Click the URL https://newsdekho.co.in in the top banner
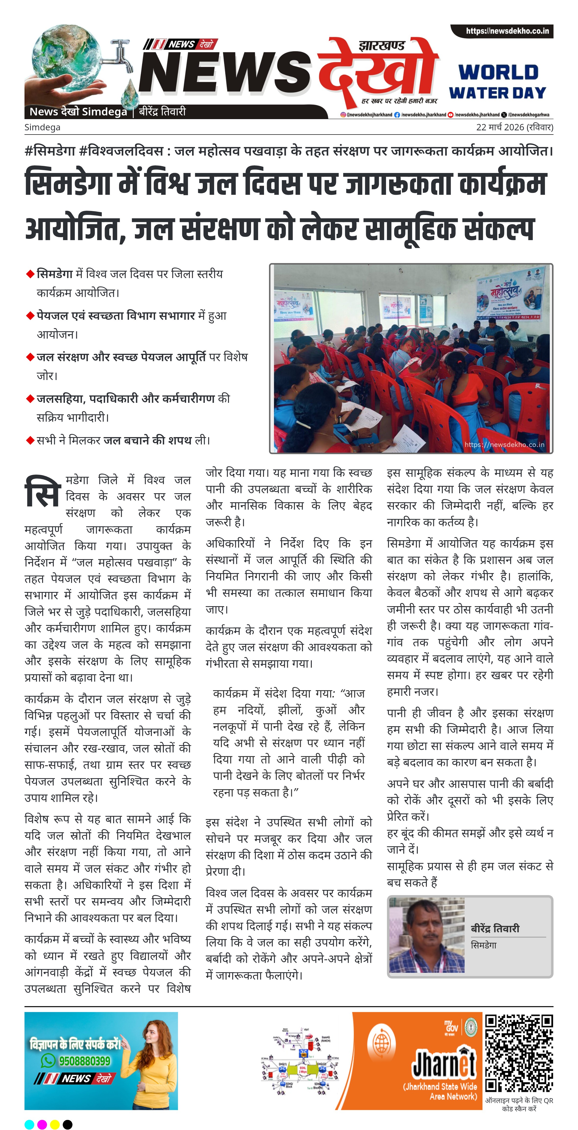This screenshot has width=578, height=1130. [x=507, y=31]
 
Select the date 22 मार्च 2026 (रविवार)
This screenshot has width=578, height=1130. [x=514, y=127]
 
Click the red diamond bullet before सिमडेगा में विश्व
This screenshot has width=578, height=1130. [x=30, y=274]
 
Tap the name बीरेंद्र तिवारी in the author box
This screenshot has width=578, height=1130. [x=495, y=928]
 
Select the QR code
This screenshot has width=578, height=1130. [x=519, y=1053]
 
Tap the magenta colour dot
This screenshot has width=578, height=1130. [x=42, y=1124]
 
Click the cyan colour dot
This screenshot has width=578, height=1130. [x=29, y=1124]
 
